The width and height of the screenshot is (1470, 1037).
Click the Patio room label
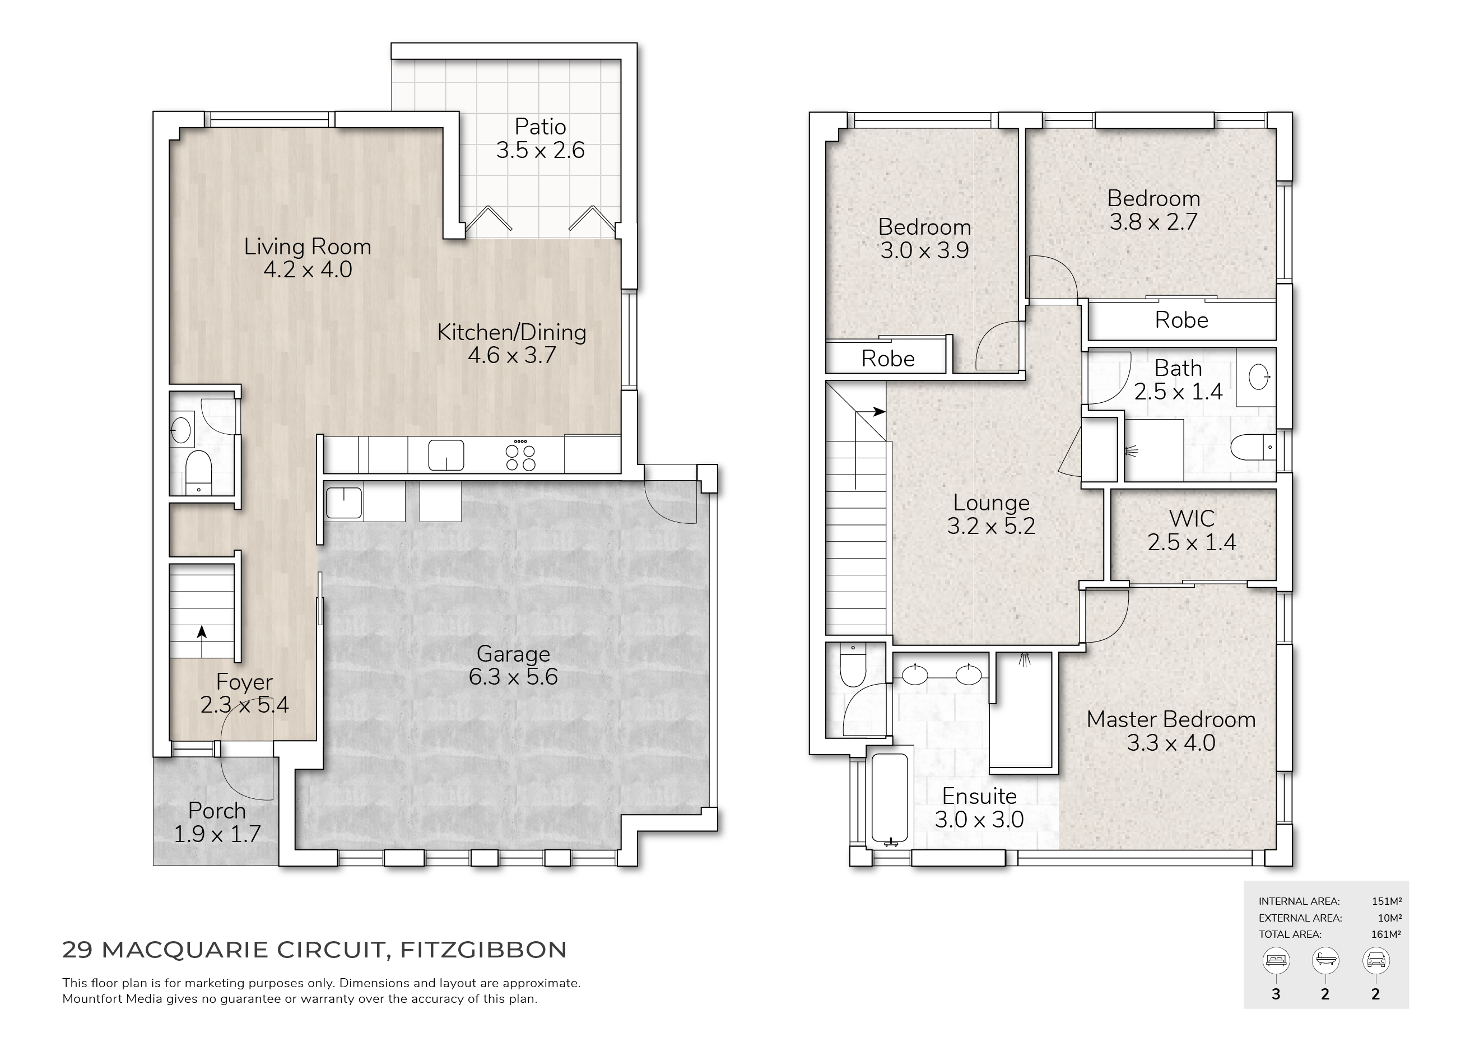click(541, 127)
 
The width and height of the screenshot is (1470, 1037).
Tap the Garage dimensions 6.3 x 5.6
click(514, 677)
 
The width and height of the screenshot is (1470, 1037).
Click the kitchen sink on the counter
click(446, 455)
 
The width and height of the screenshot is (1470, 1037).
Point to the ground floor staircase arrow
click(202, 641)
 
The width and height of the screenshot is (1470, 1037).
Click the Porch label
click(217, 811)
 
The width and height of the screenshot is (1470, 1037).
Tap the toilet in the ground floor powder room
click(198, 472)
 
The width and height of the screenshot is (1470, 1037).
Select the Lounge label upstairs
click(991, 503)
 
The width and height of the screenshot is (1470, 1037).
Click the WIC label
click(1192, 519)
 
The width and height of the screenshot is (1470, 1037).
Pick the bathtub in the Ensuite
click(889, 799)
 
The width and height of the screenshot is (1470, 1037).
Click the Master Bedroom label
click(1171, 719)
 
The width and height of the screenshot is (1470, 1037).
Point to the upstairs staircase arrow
click(871, 412)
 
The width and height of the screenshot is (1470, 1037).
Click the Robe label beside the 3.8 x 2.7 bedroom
click(1181, 320)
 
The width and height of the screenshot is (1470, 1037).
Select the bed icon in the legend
click(1276, 960)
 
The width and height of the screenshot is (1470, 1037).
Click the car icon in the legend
click(1375, 960)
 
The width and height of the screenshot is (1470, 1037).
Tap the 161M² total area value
click(1386, 934)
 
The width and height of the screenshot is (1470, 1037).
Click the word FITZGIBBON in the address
click(483, 950)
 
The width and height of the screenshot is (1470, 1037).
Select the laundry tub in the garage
click(344, 503)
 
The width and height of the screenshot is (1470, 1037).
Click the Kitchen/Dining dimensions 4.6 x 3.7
click(511, 355)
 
